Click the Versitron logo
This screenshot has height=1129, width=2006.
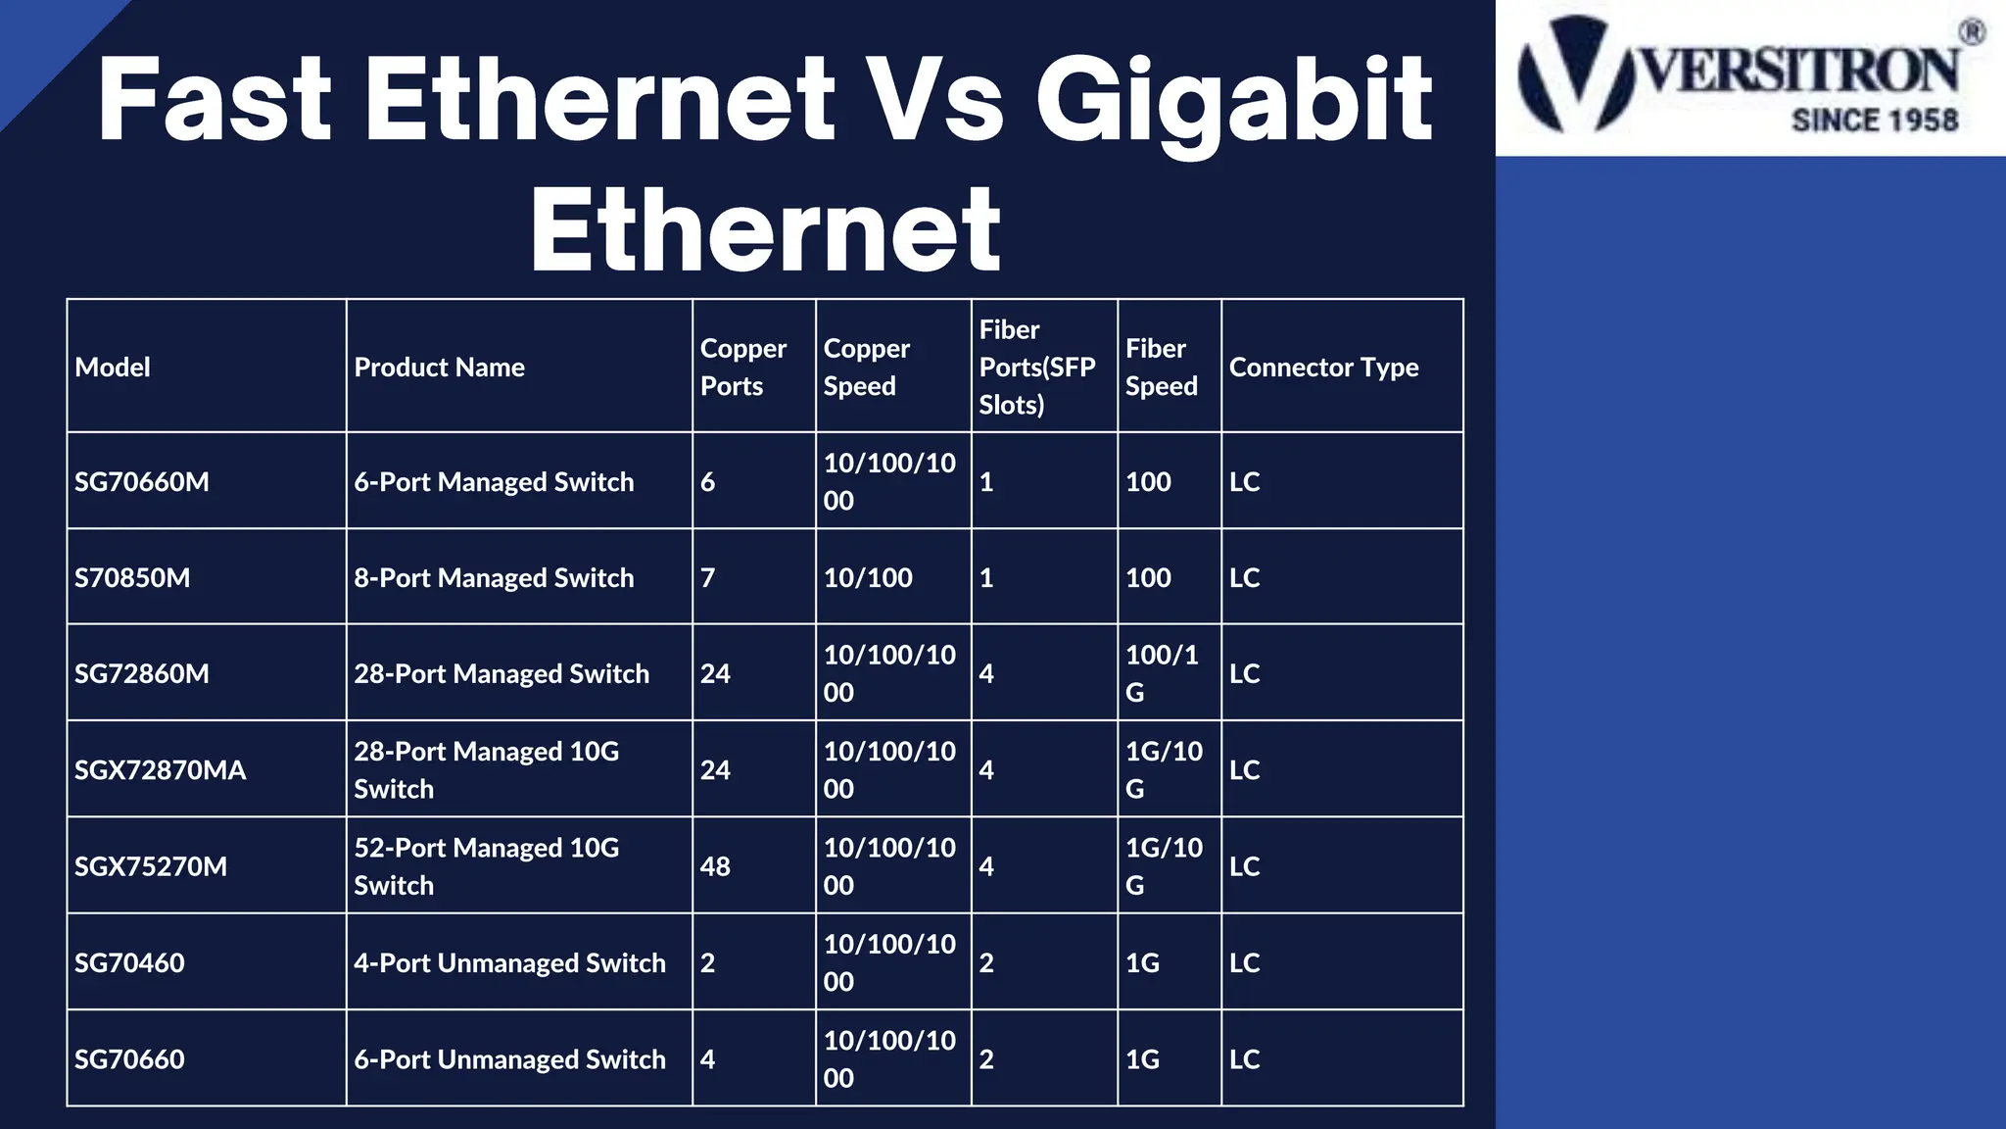tap(1749, 76)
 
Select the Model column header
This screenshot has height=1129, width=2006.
tap(113, 367)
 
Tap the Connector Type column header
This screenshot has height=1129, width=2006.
tap(1323, 367)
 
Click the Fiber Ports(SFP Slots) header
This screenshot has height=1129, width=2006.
tap(1037, 367)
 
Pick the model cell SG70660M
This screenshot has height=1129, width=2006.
tap(142, 481)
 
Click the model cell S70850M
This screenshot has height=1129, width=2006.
tap(132, 577)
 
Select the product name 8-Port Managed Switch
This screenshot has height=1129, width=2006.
tap(494, 577)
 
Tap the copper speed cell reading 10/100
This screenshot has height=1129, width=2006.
tap(868, 577)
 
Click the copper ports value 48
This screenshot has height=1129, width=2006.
tap(715, 866)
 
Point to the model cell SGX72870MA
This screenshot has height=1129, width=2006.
tap(160, 770)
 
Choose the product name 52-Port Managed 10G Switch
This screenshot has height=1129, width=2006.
tap(486, 866)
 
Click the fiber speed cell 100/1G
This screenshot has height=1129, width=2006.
tap(1162, 673)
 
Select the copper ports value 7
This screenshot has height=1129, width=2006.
tap(707, 577)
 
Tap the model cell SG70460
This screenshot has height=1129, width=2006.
tap(129, 962)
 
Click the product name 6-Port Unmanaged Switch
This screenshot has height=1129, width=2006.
tap(509, 1059)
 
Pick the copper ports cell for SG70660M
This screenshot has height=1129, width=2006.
tap(707, 481)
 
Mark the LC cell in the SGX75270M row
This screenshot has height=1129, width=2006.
tap(1244, 866)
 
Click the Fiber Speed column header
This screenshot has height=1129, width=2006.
tap(1161, 367)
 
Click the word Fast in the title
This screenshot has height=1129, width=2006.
tap(215, 100)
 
